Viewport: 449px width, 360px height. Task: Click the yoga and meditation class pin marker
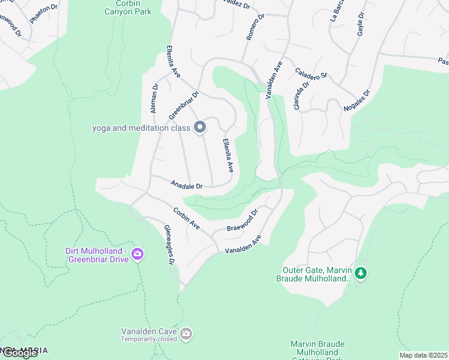pos(200,127)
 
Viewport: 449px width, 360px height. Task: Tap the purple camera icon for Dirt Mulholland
pos(137,254)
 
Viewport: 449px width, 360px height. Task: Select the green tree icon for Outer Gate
pos(360,274)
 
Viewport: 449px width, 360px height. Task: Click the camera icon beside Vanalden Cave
pos(186,334)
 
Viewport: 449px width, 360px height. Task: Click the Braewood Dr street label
pos(242,221)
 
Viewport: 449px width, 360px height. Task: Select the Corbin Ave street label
pos(186,218)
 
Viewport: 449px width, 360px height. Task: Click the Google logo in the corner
pos(20,353)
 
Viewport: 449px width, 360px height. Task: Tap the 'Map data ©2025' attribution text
pos(423,355)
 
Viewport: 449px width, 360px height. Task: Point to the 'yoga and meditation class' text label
pos(140,128)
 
